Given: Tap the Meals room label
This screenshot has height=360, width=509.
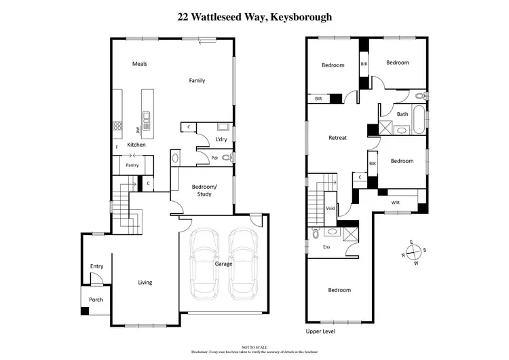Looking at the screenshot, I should [x=140, y=64].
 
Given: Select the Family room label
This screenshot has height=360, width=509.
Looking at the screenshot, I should [x=197, y=81].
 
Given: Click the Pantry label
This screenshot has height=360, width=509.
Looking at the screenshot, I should [x=133, y=164].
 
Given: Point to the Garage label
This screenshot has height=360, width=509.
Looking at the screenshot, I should [x=224, y=264].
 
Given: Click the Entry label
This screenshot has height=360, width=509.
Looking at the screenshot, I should [x=96, y=266].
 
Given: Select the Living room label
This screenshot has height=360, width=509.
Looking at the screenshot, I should [x=145, y=283].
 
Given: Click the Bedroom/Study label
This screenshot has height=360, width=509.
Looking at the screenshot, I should [x=204, y=190].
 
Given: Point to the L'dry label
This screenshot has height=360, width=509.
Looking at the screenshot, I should [x=221, y=139].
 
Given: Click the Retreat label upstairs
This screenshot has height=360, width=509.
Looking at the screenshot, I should [x=337, y=138].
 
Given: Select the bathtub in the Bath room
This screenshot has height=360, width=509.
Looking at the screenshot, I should [x=418, y=119].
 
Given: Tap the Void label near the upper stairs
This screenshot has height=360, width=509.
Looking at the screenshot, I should [x=331, y=209].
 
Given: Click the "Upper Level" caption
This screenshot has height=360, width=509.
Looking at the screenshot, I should [x=320, y=331].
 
